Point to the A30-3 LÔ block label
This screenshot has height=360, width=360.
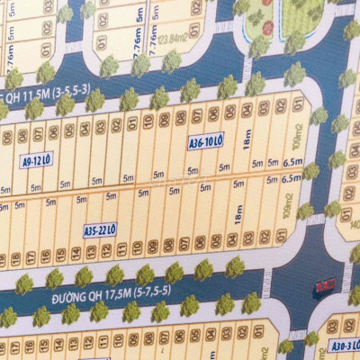(343, 345)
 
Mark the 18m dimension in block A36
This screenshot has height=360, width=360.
(247, 139)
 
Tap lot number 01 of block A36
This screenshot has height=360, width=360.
(298, 105)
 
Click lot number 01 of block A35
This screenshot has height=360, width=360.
(281, 236)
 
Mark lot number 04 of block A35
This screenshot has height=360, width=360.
(231, 240)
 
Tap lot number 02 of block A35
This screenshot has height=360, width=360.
(265, 238)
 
